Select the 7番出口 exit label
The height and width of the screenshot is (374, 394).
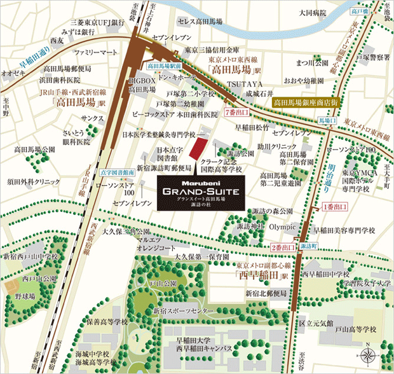point(238,112)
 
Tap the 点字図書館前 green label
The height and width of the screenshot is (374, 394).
point(117,172)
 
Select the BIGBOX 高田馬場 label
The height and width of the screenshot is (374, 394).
point(141,86)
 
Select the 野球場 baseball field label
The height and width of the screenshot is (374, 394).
point(26,296)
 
